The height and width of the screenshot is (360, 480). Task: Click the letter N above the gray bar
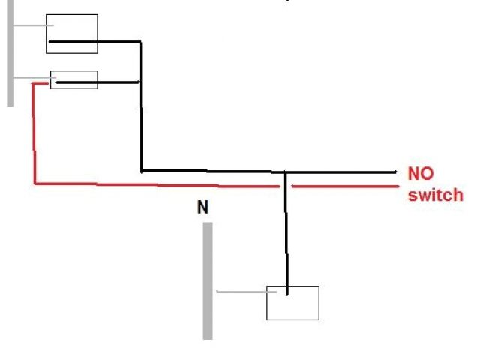202,207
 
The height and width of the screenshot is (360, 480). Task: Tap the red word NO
421,174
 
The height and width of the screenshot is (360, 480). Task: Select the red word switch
436,195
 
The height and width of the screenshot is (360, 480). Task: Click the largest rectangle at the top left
72,34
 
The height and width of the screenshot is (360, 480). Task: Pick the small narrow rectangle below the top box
73,79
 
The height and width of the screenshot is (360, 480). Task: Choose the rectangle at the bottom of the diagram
292,302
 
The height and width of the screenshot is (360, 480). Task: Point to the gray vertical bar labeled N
208,280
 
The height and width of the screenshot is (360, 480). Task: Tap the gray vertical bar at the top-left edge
10,52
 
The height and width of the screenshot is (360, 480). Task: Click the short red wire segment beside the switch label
345,185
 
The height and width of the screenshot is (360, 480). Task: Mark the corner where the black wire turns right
141,170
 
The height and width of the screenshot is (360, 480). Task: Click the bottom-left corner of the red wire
35,182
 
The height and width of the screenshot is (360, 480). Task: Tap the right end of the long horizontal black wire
394,172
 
